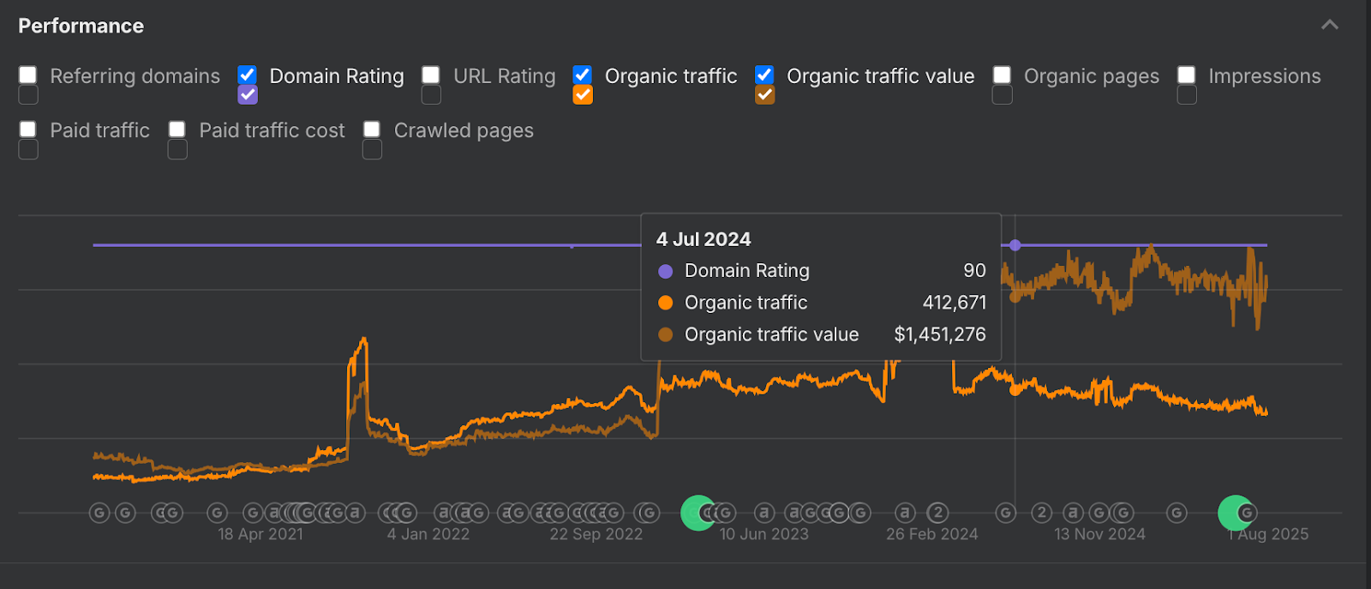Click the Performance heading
[81, 26]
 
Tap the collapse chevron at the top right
[1329, 25]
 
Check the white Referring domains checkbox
[28, 75]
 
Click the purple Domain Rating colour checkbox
[248, 94]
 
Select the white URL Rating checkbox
[431, 75]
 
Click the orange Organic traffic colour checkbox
[583, 94]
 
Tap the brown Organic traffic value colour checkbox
[765, 94]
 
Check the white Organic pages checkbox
[1002, 75]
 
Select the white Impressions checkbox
[1187, 75]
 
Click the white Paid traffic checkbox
[28, 129]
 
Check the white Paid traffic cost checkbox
[177, 129]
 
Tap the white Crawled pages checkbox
[372, 129]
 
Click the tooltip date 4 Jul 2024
[703, 239]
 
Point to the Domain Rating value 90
[974, 271]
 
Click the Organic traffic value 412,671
[954, 303]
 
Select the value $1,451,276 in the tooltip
[940, 334]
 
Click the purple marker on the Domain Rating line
[1015, 245]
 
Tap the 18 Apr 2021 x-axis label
[260, 534]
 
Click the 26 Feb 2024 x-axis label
[931, 534]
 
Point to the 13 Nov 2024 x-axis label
[1099, 534]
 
